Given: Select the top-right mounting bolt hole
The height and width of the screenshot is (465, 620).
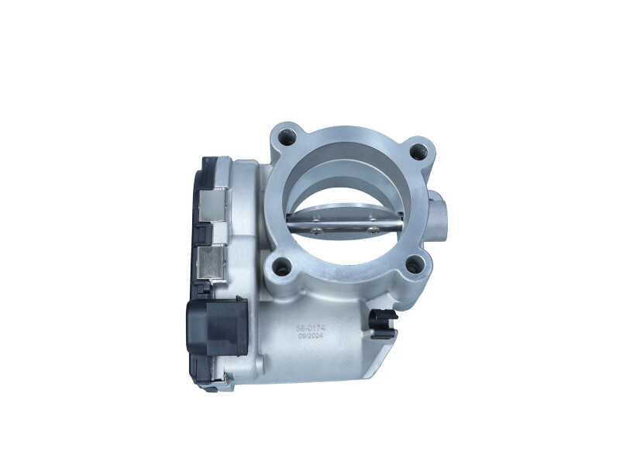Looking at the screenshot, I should pyautogui.click(x=419, y=152).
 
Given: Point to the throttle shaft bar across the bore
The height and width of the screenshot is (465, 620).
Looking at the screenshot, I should pyautogui.click(x=345, y=226).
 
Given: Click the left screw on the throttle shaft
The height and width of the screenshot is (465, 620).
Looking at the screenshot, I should pyautogui.click(x=318, y=228).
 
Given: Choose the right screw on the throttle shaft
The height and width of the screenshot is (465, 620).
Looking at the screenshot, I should pyautogui.click(x=374, y=229).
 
